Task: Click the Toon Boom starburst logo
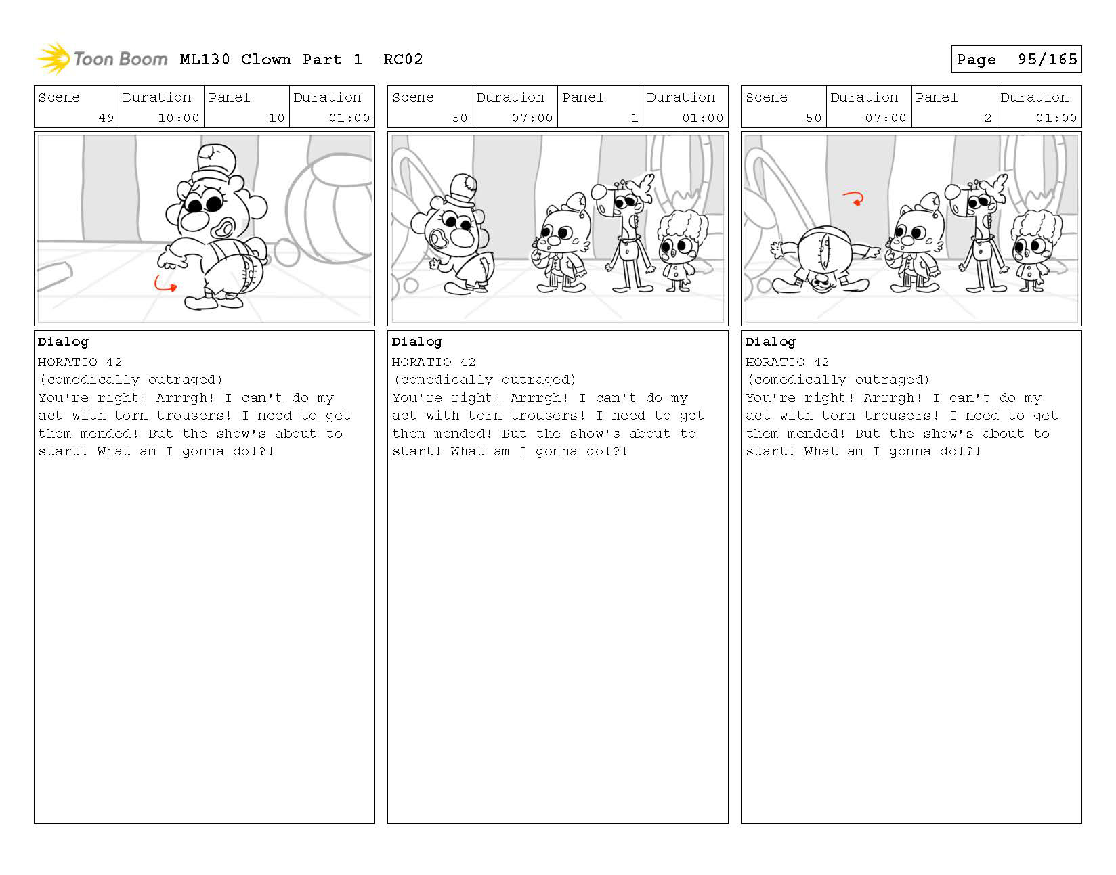pos(53,58)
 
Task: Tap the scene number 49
pos(106,118)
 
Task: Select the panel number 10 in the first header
pos(276,118)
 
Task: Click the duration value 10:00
pos(178,118)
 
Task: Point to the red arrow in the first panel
pos(165,284)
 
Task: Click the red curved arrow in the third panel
pos(853,198)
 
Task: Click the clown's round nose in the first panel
pos(194,221)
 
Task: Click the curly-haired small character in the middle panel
pos(681,252)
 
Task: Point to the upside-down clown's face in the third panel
pos(821,283)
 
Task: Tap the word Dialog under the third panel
pos(770,342)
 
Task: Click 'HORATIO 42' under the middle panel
pos(433,362)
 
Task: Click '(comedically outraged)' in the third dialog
pos(838,380)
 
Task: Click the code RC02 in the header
pos(403,60)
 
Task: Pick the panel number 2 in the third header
pos(987,118)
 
